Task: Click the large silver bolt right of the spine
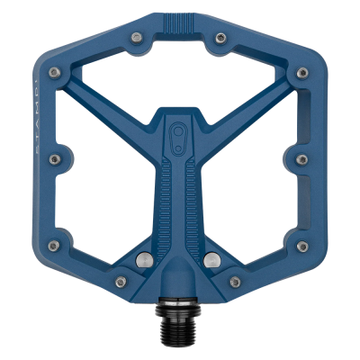pos(212,260)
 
